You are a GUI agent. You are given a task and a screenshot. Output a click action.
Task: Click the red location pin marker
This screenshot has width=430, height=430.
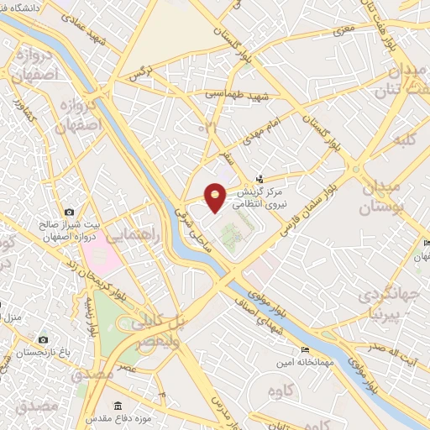pyautogui.click(x=216, y=196)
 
